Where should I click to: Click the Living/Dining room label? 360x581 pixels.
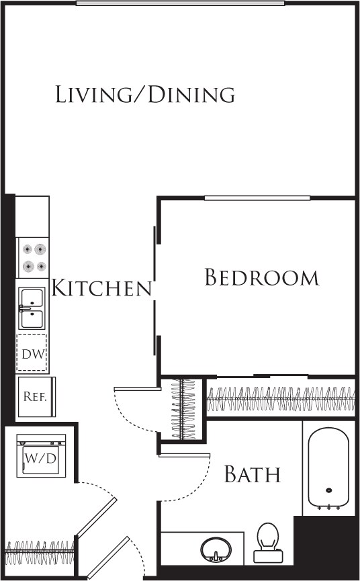click(145, 95)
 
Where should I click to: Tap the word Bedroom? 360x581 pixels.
click(261, 277)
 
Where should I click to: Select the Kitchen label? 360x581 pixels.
click(101, 288)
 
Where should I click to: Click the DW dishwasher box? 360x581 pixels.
click(32, 353)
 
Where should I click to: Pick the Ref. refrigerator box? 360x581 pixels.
click(34, 396)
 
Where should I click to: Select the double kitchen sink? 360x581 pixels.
click(32, 308)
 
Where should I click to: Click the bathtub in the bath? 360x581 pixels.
click(328, 468)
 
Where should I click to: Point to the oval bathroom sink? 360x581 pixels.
click(215, 550)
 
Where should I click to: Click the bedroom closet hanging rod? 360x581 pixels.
click(281, 399)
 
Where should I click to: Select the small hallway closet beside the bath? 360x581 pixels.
click(182, 410)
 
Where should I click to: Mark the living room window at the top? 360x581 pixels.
click(180, 3)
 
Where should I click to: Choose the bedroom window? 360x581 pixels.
click(257, 197)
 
